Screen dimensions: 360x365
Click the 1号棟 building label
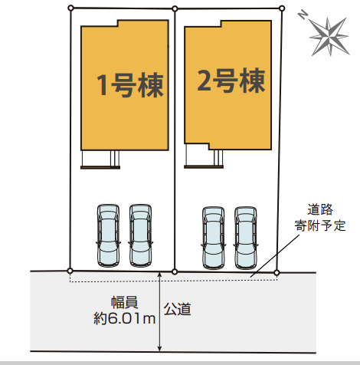click(130, 85)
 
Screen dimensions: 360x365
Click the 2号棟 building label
click(231, 81)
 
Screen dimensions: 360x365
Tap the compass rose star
click(329, 36)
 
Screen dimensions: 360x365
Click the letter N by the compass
click(303, 15)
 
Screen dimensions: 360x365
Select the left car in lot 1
click(108, 235)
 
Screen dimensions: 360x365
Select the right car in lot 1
click(140, 235)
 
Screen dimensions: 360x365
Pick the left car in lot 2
click(214, 238)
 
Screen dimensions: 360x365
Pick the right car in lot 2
click(246, 238)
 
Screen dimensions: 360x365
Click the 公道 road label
click(178, 309)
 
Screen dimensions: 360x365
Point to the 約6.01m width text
click(125, 318)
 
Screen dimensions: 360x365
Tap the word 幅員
click(125, 302)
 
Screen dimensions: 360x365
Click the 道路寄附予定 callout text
click(320, 217)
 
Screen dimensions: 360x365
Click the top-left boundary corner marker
click(71, 8)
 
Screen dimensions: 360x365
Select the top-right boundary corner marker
click(282, 8)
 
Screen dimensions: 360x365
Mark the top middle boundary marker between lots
click(175, 9)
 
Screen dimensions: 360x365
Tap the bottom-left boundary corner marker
click(70, 271)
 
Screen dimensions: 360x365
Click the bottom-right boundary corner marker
click(277, 273)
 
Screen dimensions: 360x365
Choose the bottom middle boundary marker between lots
click(175, 271)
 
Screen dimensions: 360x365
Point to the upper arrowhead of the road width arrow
click(159, 275)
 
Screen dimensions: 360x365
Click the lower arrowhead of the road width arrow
click(159, 349)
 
